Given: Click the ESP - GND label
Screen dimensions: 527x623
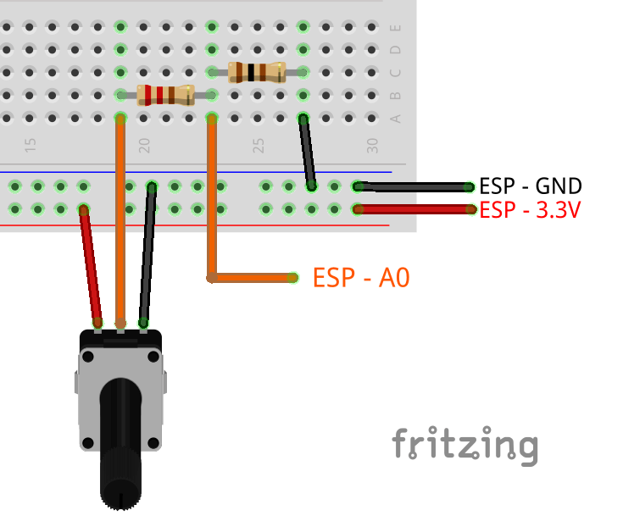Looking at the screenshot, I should tap(531, 186).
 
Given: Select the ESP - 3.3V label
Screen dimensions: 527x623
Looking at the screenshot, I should tap(531, 209).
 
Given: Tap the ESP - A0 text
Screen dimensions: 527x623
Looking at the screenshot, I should tap(361, 277).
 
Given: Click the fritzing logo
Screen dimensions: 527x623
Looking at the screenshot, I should tap(464, 445).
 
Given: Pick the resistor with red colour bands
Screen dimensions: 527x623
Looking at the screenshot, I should tap(166, 94).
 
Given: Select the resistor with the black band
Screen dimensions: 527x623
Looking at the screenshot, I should tap(257, 72).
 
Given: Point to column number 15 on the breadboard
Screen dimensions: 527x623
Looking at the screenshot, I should tap(31, 146).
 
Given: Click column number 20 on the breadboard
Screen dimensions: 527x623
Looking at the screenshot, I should tap(144, 146).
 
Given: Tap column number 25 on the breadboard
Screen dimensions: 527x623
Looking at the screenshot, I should tap(259, 146).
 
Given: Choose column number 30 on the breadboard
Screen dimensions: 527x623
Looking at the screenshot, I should tap(372, 146).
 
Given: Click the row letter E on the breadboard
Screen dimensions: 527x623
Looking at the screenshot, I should tap(394, 29).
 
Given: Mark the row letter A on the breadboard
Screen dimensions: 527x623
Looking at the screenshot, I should tap(394, 118).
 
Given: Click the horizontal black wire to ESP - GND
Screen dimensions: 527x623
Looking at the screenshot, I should tap(415, 186).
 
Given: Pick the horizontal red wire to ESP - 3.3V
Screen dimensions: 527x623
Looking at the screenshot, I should tap(415, 208).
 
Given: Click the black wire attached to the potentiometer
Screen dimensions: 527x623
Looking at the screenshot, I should tap(148, 254).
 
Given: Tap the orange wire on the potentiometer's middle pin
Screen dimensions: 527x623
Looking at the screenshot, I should tap(121, 220).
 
